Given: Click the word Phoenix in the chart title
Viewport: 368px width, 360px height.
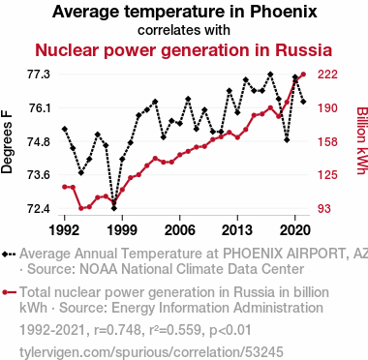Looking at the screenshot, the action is tap(284, 12).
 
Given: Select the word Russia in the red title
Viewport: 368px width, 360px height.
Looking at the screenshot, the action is tap(303, 50).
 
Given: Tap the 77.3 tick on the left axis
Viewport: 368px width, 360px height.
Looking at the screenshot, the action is tap(39, 75).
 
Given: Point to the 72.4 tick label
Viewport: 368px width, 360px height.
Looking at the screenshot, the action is tap(39, 209).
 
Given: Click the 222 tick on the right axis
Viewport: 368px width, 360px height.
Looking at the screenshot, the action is tap(327, 75).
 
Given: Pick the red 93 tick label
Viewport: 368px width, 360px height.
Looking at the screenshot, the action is tap(324, 209).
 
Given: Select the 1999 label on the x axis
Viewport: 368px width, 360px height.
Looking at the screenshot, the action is tap(122, 230).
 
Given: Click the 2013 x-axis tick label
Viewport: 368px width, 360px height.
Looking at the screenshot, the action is tap(237, 230).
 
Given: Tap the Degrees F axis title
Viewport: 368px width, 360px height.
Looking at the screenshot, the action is tap(7, 142).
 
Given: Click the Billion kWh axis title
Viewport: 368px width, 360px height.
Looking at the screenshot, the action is tap(362, 140).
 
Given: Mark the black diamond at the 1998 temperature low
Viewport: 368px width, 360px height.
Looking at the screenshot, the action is tap(113, 208).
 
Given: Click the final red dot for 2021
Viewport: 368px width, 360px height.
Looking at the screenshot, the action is tap(303, 75).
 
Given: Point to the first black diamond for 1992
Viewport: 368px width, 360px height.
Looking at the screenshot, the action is tap(65, 129).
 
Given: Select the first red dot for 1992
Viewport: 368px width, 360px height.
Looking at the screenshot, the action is tap(65, 187).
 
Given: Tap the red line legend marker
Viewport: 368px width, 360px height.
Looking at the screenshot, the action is tap(9, 292).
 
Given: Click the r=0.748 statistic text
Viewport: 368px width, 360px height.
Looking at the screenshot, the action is tap(117, 330).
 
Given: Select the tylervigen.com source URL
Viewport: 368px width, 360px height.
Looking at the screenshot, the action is tap(151, 352).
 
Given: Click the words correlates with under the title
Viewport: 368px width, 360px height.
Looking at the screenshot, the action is tap(184, 30).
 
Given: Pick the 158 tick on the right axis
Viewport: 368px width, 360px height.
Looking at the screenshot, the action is tap(327, 141).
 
